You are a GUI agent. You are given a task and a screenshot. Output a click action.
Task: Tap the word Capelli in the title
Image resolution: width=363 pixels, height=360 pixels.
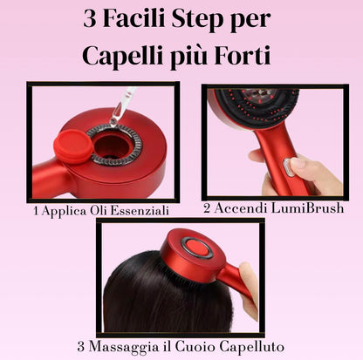pos(122,56)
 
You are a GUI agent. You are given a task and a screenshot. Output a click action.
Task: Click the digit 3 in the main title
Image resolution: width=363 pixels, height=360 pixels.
pos(90,19)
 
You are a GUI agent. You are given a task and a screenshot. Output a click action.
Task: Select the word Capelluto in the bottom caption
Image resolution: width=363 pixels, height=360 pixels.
pos(251,346)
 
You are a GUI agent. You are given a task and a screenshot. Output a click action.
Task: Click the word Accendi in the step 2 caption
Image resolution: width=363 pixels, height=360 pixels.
pos(236,208)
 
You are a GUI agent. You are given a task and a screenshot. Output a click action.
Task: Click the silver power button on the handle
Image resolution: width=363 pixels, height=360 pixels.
pos(287,167)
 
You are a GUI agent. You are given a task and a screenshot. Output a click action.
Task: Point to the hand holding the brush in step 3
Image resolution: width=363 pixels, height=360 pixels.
pos(248,290)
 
